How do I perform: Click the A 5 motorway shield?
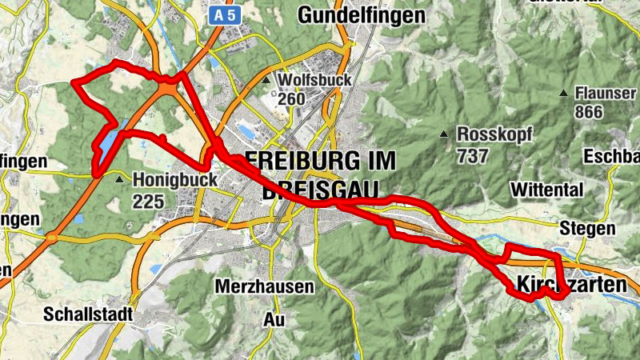(224, 14)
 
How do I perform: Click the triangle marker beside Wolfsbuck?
(266, 81)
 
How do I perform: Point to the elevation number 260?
(292, 99)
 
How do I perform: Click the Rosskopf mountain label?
(494, 134)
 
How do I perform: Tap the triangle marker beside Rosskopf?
(445, 134)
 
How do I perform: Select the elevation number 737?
(473, 155)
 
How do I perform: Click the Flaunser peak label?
(605, 93)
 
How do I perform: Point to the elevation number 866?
(588, 112)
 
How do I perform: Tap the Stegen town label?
(589, 228)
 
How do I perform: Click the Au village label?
(273, 318)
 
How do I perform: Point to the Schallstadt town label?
(88, 314)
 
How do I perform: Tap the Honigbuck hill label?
(175, 181)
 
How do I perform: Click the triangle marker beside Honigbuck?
(120, 180)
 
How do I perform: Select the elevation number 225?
(150, 202)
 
